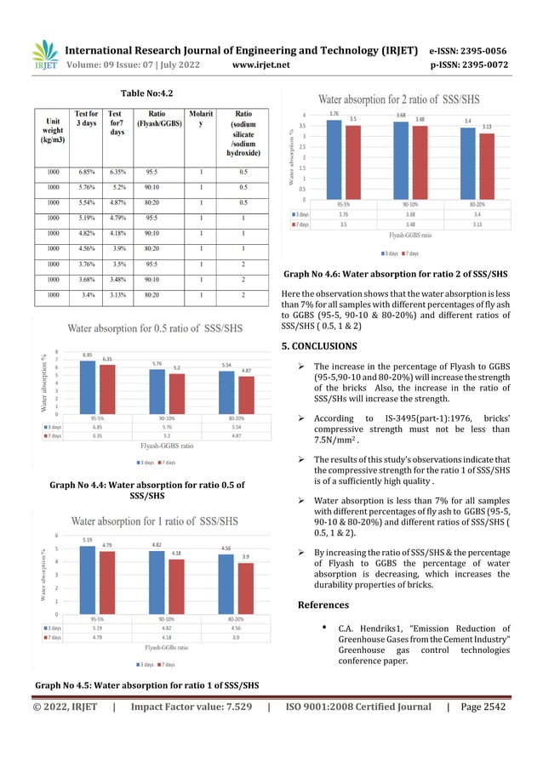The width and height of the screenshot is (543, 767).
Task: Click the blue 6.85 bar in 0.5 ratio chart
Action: point(87,387)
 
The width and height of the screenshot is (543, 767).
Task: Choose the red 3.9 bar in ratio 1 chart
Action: point(245,588)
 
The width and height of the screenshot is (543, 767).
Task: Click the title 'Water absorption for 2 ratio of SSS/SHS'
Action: point(398,98)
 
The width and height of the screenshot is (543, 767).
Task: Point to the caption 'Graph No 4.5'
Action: point(146,685)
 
